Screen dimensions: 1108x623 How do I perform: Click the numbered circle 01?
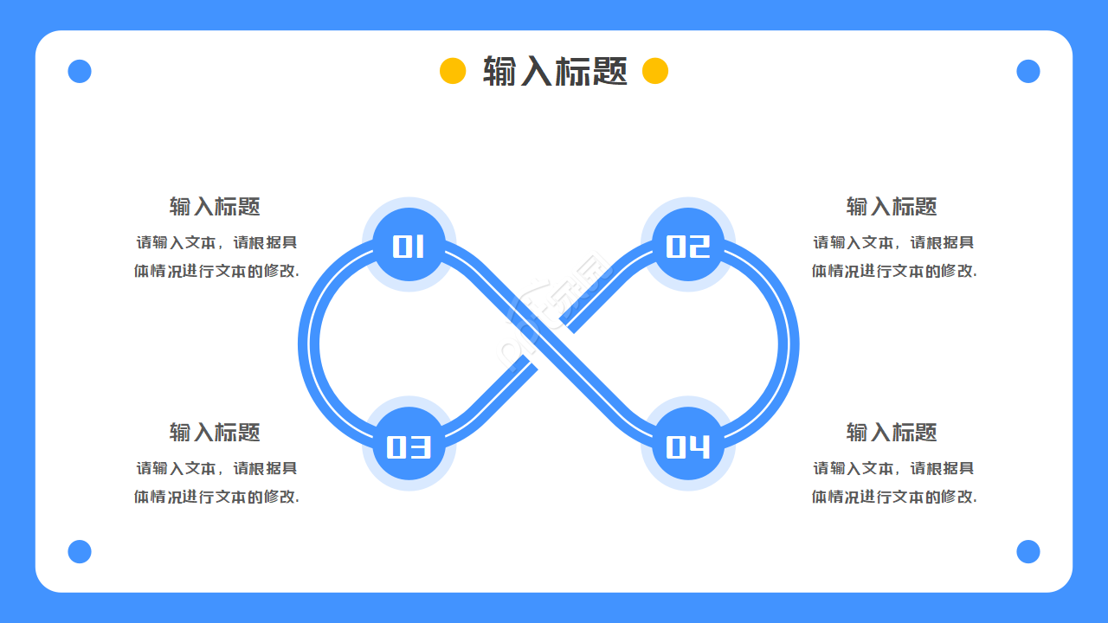(409, 245)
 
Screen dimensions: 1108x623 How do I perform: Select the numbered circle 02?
(688, 245)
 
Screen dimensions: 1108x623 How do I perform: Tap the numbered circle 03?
(409, 444)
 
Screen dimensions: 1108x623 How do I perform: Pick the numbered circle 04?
(688, 444)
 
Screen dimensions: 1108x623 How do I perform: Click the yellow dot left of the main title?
(453, 71)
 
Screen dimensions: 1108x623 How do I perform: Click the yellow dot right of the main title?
(655, 71)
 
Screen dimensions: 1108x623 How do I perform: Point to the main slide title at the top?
(555, 71)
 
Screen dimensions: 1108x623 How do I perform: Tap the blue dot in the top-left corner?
(80, 71)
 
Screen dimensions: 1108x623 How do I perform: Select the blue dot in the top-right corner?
(1028, 71)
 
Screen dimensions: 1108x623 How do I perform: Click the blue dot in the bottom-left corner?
(80, 551)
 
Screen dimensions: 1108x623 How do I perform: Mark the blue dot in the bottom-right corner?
(1028, 551)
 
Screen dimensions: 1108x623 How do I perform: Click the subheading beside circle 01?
(215, 206)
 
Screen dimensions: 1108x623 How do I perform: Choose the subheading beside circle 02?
(892, 206)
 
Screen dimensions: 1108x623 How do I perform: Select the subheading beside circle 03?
(215, 432)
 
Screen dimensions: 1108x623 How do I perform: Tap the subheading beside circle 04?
(892, 432)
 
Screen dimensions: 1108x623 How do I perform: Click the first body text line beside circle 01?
(216, 242)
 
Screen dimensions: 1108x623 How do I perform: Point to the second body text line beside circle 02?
(894, 271)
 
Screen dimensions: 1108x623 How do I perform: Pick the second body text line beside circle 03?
(216, 497)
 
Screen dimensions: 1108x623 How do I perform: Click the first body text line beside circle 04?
(893, 468)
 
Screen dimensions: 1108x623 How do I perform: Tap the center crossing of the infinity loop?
(549, 344)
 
